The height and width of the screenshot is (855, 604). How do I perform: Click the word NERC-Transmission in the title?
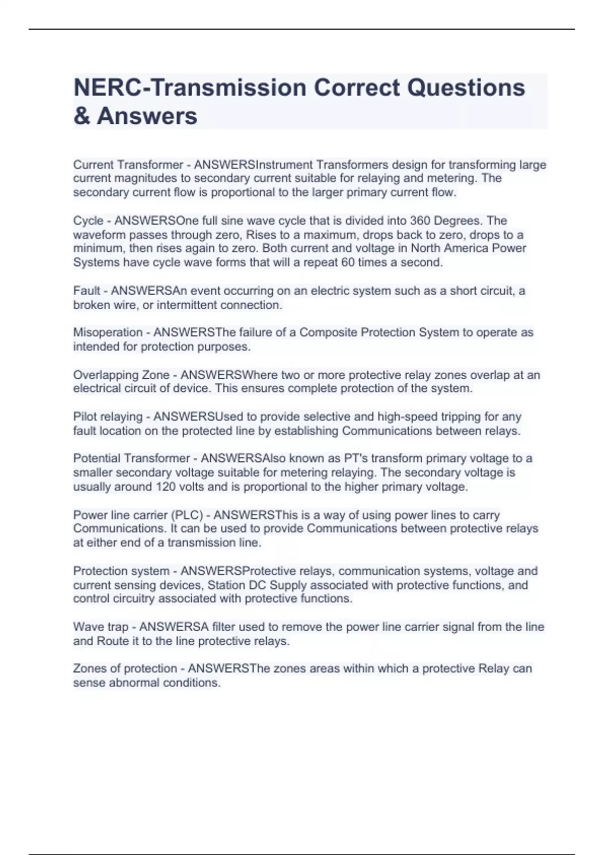[190, 88]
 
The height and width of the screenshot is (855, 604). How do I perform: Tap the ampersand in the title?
[82, 116]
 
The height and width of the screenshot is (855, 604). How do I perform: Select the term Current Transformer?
[128, 165]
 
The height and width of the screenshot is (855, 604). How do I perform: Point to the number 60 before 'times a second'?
[348, 263]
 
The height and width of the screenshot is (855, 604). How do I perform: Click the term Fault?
[87, 291]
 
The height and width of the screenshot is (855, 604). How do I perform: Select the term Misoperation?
[108, 332]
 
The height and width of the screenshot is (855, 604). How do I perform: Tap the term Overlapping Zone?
[121, 375]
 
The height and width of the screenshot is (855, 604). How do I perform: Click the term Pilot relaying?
[108, 417]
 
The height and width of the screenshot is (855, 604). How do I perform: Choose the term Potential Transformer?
[131, 459]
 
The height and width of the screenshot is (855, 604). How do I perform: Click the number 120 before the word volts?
[166, 487]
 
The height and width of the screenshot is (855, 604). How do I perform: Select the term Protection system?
[121, 571]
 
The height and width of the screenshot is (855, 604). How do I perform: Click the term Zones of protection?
[125, 669]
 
